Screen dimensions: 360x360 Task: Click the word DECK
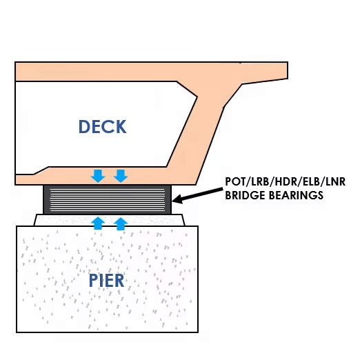tap(103, 127)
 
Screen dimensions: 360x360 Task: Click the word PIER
tap(106, 281)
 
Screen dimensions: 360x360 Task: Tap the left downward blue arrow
tap(98, 176)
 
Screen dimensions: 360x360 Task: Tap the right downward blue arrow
tap(121, 176)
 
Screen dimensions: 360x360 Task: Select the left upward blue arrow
tap(98, 223)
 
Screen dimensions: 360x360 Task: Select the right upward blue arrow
tap(121, 224)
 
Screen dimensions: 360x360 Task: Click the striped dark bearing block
tap(108, 200)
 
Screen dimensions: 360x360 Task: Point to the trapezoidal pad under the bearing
tap(109, 220)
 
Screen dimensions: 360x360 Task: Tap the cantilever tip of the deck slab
tap(288, 70)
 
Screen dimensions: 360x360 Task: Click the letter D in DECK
tap(84, 127)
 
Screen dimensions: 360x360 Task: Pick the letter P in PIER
tap(93, 281)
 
